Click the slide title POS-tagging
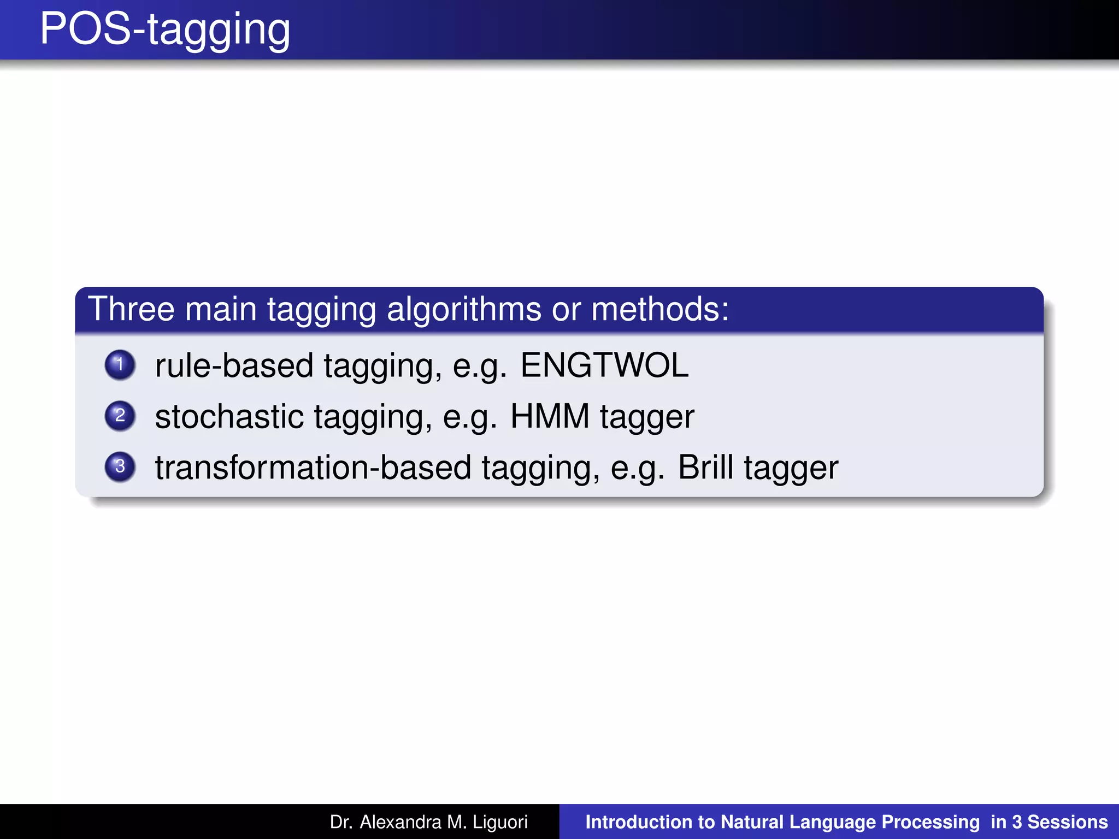coord(165,29)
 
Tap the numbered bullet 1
coord(120,364)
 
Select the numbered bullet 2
coord(120,416)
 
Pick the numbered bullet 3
coord(120,466)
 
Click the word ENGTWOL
coord(604,365)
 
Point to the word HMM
coord(550,416)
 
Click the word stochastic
coord(229,416)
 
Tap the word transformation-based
coord(313,468)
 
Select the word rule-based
coord(234,365)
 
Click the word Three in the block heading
coord(131,309)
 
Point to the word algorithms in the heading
coord(464,309)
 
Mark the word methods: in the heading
coord(660,309)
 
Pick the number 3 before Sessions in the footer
coord(1016,822)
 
